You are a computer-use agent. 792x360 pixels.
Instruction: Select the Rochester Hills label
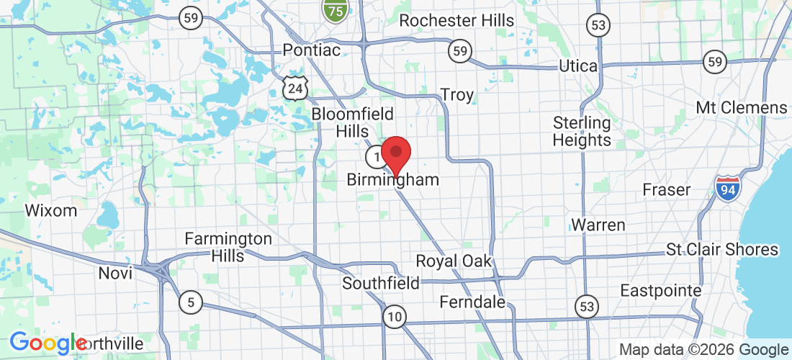(456, 20)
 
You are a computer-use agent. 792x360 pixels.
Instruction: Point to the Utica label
(578, 66)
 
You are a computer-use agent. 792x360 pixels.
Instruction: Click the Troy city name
(456, 95)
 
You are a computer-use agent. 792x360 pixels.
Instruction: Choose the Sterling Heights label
(582, 131)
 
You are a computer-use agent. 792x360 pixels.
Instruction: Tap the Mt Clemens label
(742, 108)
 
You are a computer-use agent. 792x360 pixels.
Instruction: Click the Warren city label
(598, 225)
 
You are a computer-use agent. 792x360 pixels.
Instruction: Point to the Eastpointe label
(660, 291)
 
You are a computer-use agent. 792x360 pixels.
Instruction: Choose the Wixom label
(50, 211)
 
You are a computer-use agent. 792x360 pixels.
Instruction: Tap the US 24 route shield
(296, 86)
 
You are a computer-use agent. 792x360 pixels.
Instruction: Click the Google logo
(48, 343)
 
